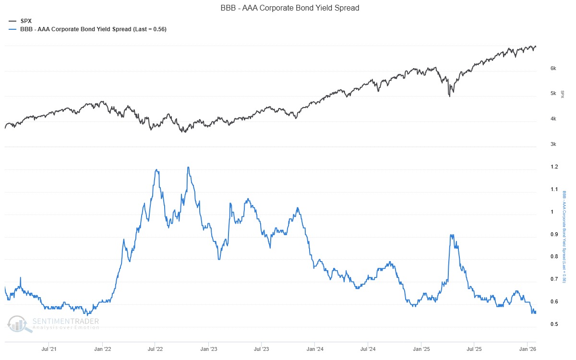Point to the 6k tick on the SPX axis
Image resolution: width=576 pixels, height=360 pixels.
click(553, 69)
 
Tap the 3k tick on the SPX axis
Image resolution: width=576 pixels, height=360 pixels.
click(553, 144)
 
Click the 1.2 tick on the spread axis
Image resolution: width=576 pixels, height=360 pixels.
click(554, 167)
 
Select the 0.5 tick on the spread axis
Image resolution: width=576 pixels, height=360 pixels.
click(554, 324)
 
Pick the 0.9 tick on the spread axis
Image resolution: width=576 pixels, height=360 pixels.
click(554, 234)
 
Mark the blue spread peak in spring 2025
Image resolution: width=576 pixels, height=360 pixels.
click(451, 235)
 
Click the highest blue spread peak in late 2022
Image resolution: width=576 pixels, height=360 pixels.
click(188, 167)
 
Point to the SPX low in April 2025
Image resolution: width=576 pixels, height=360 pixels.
click(449, 96)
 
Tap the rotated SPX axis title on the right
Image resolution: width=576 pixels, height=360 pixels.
click(563, 93)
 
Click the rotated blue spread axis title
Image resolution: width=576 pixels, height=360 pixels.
click(564, 240)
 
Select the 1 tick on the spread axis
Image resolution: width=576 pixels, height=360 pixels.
click(552, 212)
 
